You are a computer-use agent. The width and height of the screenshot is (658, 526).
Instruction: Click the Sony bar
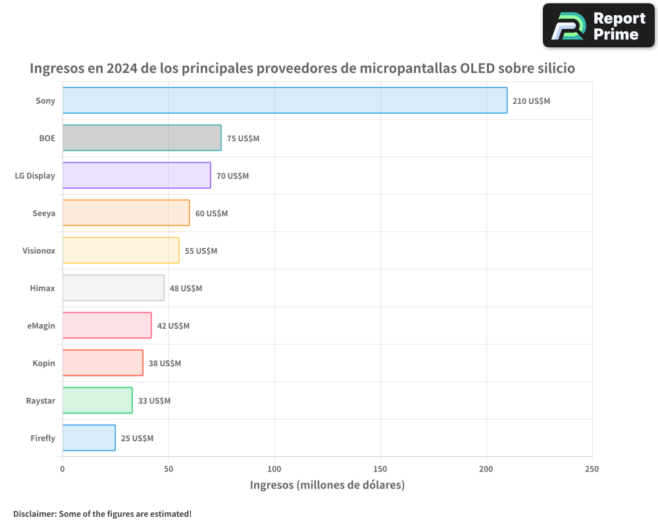285,101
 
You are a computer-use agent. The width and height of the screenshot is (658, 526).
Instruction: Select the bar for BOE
142,138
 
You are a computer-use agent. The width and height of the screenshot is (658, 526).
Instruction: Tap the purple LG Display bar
137,176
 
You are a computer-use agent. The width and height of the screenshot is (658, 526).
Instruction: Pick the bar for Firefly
89,438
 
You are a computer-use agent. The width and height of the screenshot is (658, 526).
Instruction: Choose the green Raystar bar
97,400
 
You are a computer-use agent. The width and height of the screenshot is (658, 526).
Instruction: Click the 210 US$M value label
531,101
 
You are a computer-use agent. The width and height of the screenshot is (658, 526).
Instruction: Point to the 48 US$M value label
186,289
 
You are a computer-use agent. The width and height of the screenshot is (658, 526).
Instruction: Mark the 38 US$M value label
164,364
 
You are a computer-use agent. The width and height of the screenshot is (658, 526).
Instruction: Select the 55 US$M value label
201,251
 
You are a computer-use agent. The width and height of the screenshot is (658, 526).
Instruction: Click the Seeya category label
44,213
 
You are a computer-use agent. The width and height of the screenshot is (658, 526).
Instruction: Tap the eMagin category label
41,325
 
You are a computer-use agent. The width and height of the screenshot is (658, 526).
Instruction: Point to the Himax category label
43,288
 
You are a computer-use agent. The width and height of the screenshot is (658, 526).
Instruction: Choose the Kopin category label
44,363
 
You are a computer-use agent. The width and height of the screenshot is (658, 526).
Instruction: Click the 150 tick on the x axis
380,469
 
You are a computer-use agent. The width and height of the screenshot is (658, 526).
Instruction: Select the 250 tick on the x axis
592,469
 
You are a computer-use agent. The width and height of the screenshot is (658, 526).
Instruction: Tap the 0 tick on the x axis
63,469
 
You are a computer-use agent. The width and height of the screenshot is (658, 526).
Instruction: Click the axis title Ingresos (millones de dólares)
327,485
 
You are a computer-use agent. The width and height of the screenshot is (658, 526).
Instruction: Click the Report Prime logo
599,26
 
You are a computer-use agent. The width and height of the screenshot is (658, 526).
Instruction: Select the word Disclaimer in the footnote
34,514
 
